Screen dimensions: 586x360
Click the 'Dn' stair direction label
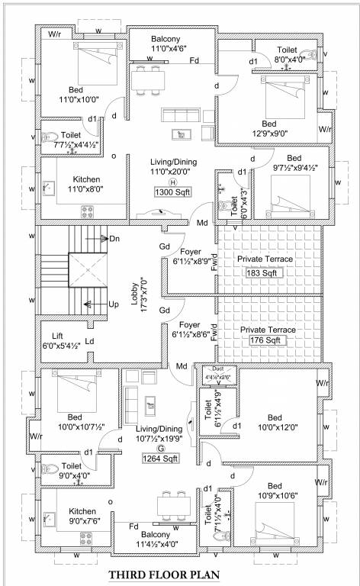[114, 239]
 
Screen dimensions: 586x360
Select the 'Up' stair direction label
[114, 304]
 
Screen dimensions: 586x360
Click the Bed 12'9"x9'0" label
[269, 128]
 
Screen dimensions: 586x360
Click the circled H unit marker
[172, 182]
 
